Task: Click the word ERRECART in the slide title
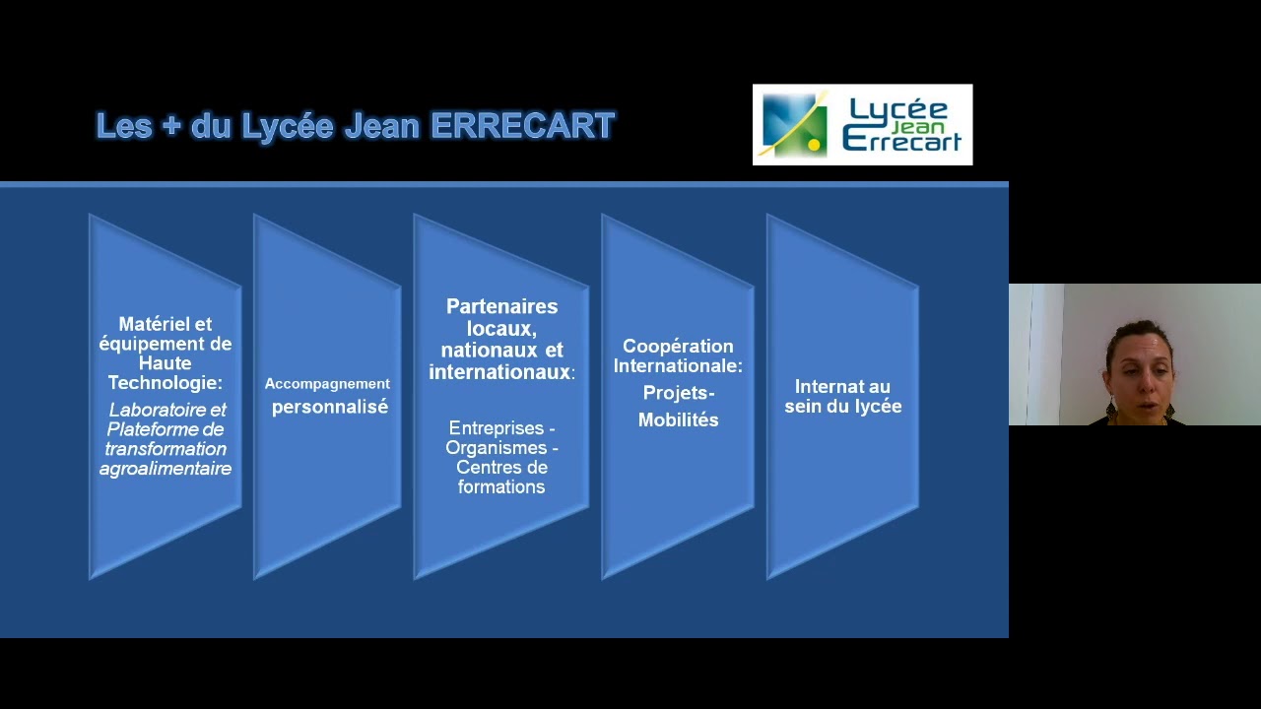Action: pyautogui.click(x=522, y=126)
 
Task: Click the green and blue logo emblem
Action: pyautogui.click(x=795, y=125)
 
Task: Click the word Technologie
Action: pyautogui.click(x=165, y=383)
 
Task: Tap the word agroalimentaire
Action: pyautogui.click(x=166, y=469)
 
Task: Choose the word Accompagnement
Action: pyautogui.click(x=327, y=383)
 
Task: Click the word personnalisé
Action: pyautogui.click(x=330, y=407)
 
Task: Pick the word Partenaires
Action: pyautogui.click(x=501, y=306)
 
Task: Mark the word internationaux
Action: pyautogui.click(x=499, y=371)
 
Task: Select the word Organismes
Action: pyautogui.click(x=496, y=448)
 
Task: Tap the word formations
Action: pyautogui.click(x=501, y=486)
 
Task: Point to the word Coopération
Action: pyautogui.click(x=678, y=346)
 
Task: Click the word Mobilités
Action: pyautogui.click(x=678, y=419)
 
